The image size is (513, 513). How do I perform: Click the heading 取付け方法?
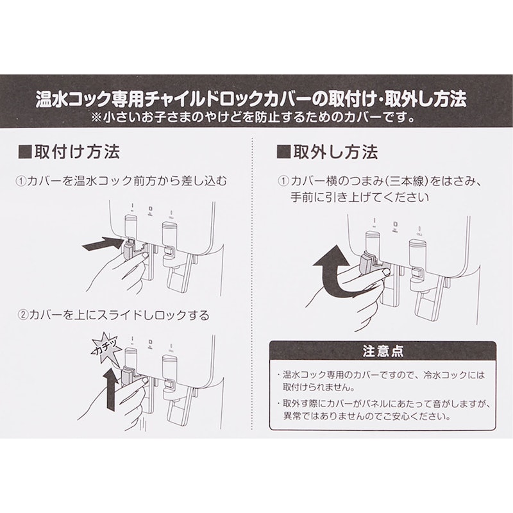click(77, 151)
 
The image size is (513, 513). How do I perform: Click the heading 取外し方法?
click(335, 151)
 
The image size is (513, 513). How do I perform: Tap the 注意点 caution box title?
click(383, 351)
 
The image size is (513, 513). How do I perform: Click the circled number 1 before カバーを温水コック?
click(21, 181)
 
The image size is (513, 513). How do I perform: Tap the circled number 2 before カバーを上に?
click(22, 315)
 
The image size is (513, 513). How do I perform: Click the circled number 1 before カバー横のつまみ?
click(283, 181)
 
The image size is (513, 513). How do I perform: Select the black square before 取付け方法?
click(25, 152)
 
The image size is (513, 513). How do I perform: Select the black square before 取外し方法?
click(283, 152)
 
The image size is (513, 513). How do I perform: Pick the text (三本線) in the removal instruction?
click(405, 181)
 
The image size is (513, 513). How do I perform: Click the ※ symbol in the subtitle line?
click(97, 117)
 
